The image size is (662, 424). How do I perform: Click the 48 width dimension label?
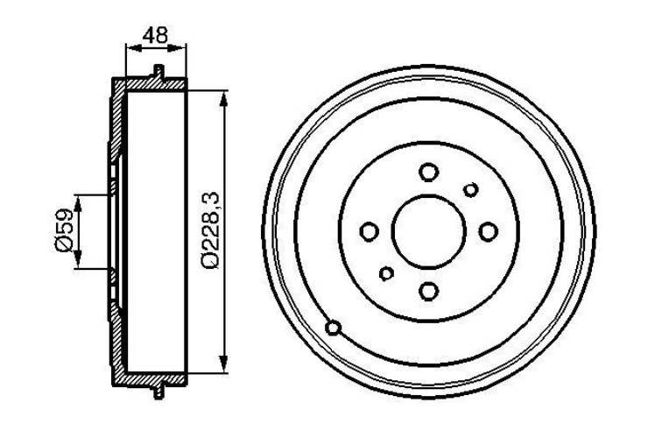155,35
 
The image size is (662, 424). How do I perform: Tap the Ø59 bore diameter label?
65,230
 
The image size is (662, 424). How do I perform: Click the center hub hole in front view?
428,231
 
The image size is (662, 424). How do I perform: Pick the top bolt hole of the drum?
428,172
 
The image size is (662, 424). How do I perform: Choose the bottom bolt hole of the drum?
428,291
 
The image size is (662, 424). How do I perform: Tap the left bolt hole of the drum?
369,231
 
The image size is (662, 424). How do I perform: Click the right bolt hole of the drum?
489,231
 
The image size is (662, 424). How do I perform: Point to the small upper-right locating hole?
471,189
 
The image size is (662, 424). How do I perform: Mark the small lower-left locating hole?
386,273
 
